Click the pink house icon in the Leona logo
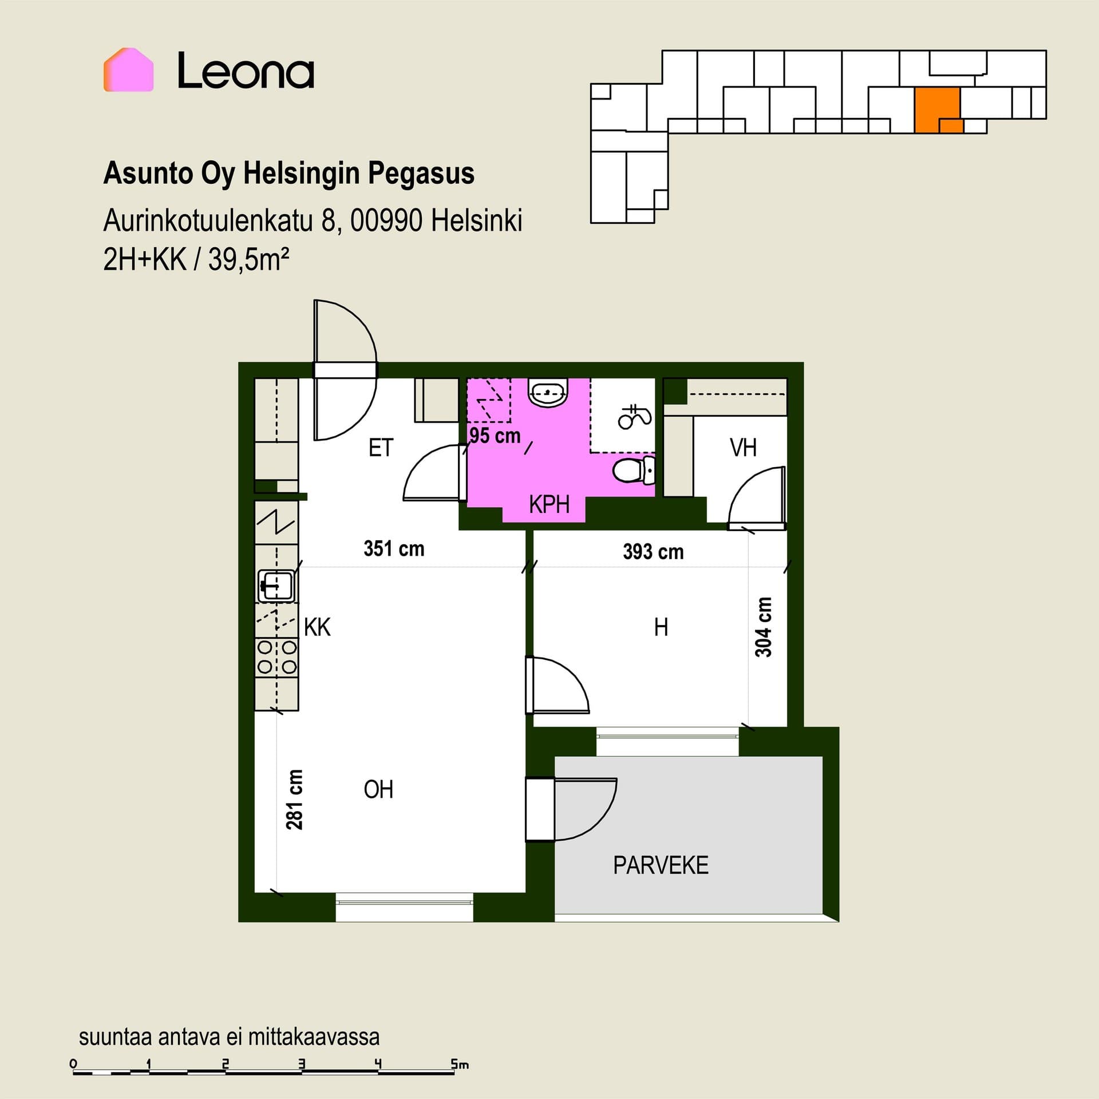tap(128, 70)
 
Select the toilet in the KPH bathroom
tap(634, 470)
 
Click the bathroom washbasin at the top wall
tap(548, 392)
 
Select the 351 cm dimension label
tap(394, 549)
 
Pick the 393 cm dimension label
tap(653, 552)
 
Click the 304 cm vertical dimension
tap(764, 627)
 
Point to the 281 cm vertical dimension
tap(294, 800)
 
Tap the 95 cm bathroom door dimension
tap(495, 436)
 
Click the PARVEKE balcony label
tap(661, 865)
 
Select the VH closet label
tap(743, 448)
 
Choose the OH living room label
tap(378, 790)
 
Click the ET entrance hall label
tap(381, 448)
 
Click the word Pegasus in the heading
tap(421, 173)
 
